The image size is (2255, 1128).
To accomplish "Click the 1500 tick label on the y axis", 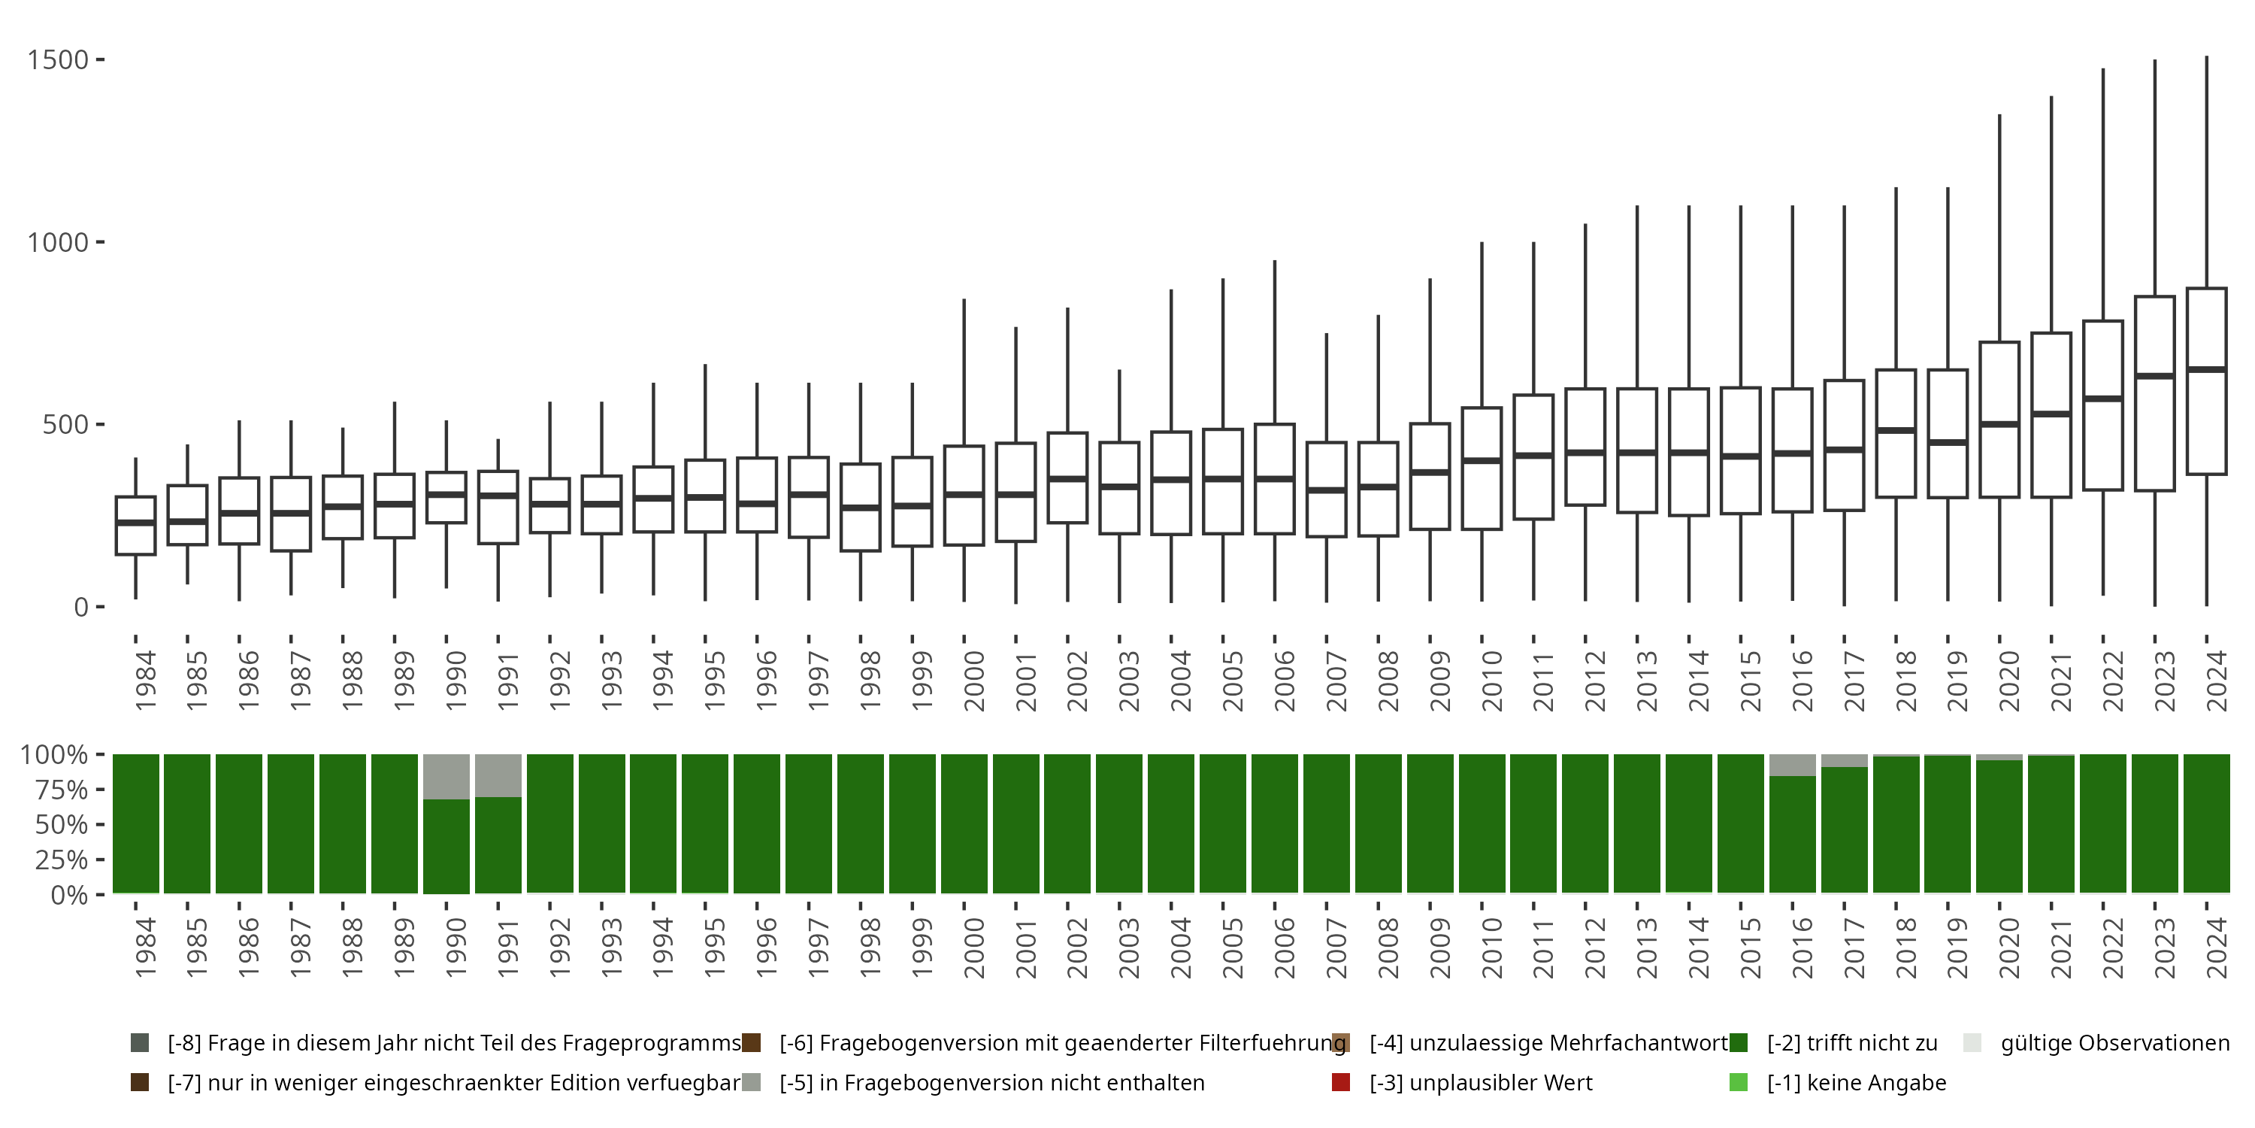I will pyautogui.click(x=58, y=59).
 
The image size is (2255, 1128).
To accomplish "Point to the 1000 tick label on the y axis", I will pyautogui.click(x=58, y=243).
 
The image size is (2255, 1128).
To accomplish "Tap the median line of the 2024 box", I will pyautogui.click(x=2206, y=369).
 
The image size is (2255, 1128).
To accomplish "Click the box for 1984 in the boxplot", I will pyautogui.click(x=136, y=526).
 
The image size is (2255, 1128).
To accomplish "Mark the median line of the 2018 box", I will pyautogui.click(x=1896, y=430).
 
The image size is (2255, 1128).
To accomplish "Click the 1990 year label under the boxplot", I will pyautogui.click(x=456, y=680).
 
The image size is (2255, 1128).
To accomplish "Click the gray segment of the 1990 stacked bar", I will pyautogui.click(x=446, y=777).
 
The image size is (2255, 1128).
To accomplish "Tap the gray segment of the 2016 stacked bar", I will pyautogui.click(x=1793, y=766).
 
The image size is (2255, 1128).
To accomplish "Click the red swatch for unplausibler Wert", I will pyautogui.click(x=1340, y=1082).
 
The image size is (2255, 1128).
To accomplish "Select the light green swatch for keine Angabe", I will pyautogui.click(x=1739, y=1082).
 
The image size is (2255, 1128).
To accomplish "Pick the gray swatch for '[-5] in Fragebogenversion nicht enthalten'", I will pyautogui.click(x=751, y=1082).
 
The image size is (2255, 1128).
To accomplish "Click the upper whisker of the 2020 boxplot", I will pyautogui.click(x=1999, y=228).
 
